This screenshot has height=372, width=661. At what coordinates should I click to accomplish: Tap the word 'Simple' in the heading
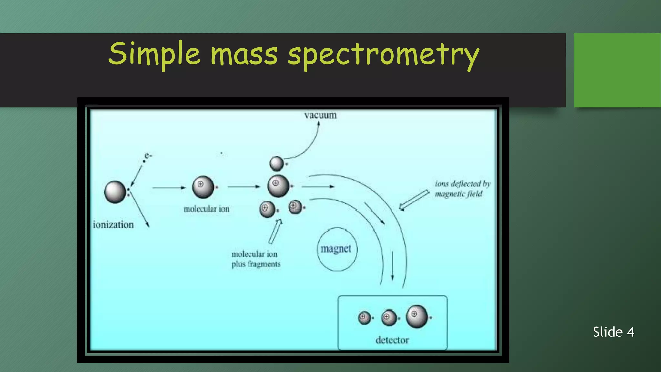tap(154, 54)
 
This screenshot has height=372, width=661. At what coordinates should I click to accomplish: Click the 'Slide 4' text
tap(613, 332)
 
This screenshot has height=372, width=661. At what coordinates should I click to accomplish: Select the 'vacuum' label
tap(320, 115)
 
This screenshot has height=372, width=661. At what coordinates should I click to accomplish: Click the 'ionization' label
tap(113, 225)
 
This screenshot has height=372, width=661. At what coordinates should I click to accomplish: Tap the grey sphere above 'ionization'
tap(115, 192)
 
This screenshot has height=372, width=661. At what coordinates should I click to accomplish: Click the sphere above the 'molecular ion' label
tap(203, 187)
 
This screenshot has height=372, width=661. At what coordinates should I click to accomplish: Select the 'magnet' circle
tap(337, 249)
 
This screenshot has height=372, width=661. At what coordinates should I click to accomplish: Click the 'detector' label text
tap(392, 340)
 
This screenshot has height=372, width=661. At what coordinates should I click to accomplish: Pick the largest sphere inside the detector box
tap(417, 316)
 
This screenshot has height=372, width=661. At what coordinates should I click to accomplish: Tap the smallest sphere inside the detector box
tap(364, 318)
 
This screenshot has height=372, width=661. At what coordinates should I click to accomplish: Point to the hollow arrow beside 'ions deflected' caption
tap(414, 200)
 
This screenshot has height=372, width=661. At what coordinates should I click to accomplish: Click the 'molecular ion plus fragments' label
tap(255, 259)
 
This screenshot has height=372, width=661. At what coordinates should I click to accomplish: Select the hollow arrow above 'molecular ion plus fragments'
tap(275, 231)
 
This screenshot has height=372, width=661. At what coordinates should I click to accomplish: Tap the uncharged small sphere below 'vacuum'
tap(277, 163)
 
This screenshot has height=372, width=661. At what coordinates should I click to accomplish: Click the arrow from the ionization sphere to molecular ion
tap(169, 188)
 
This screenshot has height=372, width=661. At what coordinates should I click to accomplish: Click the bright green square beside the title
tap(617, 70)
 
